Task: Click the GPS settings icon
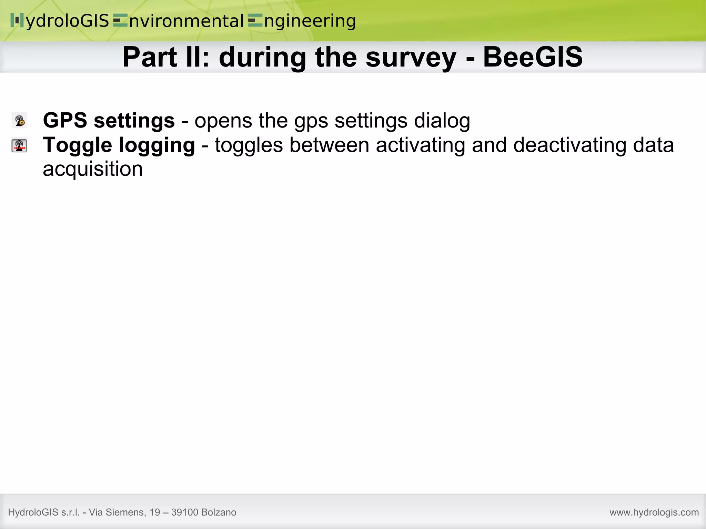19,121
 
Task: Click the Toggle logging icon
19,145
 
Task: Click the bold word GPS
65,121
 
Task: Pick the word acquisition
92,169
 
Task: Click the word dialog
442,121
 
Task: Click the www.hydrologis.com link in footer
654,512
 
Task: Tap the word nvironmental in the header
186,21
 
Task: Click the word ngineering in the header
310,21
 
